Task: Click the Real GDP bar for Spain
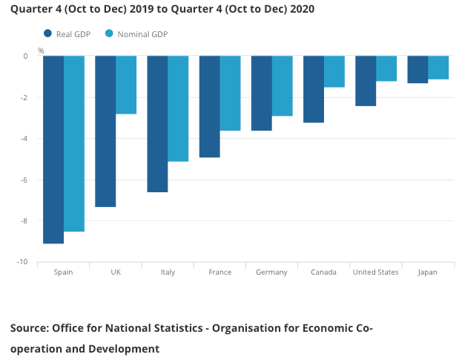coord(53,149)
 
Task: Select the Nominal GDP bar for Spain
coord(73,143)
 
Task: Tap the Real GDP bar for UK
coord(105,131)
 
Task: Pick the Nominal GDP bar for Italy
coord(178,108)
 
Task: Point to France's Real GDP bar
coord(209,106)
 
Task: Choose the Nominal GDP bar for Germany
coord(282,85)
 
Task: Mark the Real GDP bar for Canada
coord(314,89)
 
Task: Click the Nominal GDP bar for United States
coord(386,68)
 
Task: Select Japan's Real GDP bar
coord(417,69)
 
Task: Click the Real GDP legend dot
coord(48,33)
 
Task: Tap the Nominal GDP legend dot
coord(110,33)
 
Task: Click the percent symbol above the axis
coord(41,50)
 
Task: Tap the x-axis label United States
coord(375,272)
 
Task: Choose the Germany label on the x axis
coord(271,272)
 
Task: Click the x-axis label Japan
coord(427,272)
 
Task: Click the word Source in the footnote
coord(30,327)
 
